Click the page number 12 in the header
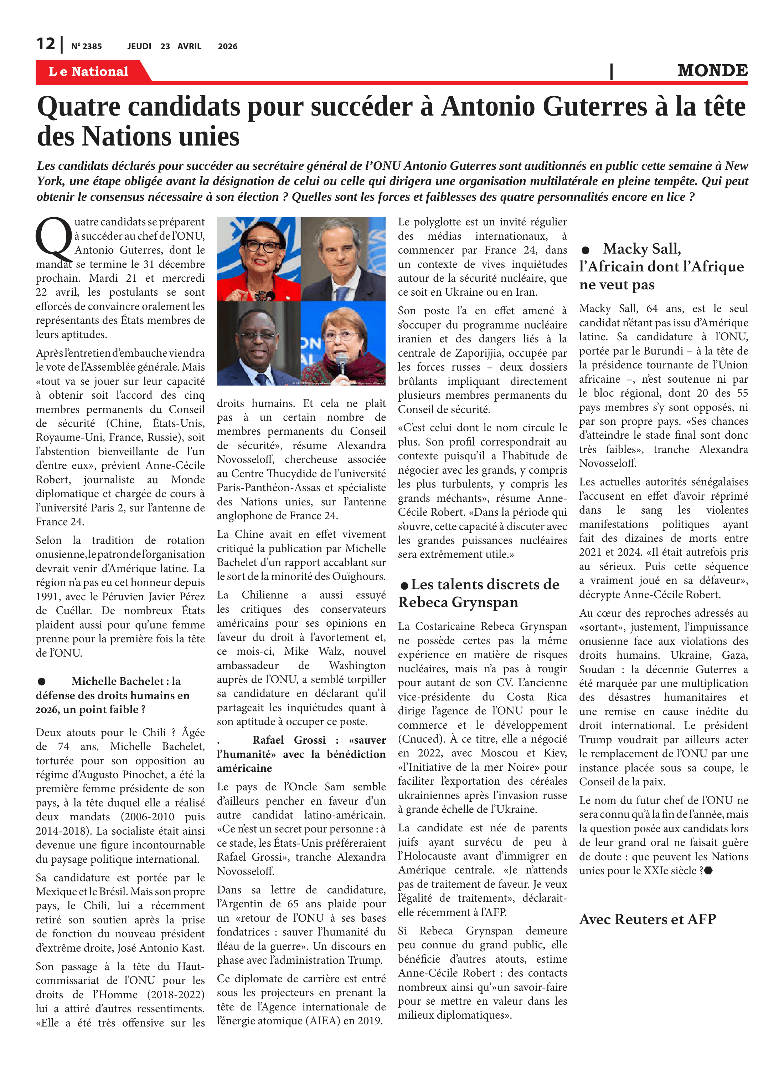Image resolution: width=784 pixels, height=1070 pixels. (46, 44)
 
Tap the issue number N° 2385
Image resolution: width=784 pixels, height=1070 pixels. (86, 46)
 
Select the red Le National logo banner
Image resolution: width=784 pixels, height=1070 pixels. (89, 71)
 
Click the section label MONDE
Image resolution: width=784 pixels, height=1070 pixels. (712, 71)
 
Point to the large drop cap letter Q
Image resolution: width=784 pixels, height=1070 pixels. (53, 239)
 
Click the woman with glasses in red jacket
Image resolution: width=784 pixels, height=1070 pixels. (259, 259)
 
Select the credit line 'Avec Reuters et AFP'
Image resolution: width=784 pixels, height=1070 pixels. (647, 919)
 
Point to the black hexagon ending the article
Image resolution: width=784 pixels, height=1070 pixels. (708, 871)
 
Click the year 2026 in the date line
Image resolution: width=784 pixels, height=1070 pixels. (227, 46)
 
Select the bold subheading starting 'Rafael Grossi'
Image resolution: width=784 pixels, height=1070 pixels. (301, 754)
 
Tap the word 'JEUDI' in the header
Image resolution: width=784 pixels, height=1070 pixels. (139, 46)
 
